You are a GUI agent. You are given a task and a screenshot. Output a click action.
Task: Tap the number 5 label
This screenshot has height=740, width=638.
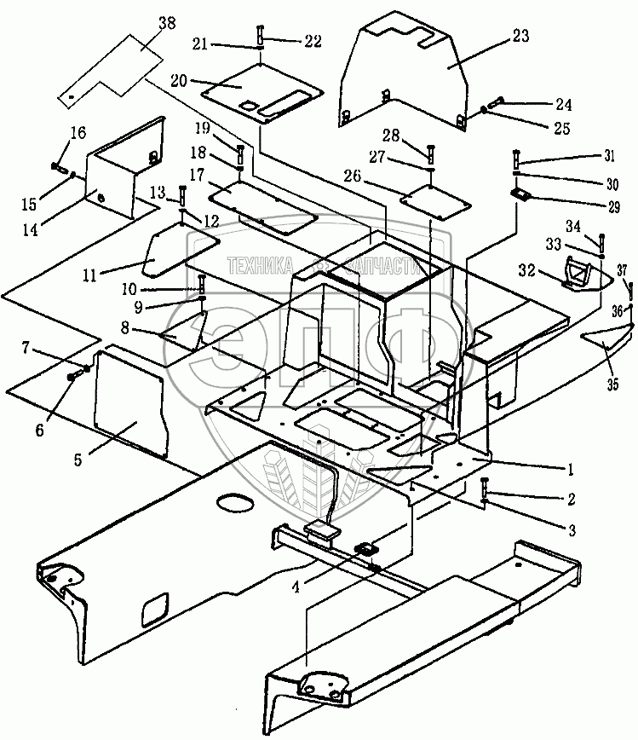click(x=78, y=459)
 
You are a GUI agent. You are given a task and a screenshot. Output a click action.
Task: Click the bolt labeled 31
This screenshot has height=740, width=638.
click(x=517, y=159)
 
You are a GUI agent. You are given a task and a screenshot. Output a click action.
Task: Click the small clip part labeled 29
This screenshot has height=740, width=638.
click(x=520, y=194)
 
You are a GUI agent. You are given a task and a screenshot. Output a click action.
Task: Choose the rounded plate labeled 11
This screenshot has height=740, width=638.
click(x=177, y=252)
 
